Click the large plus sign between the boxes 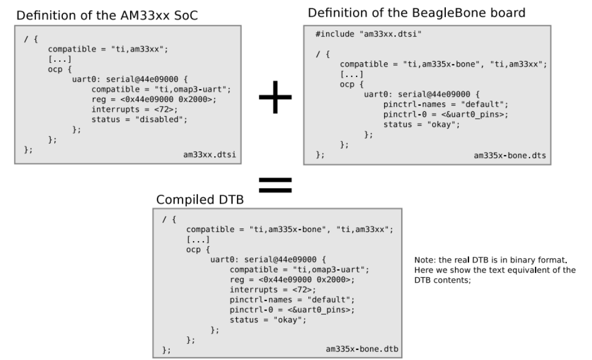[x=276, y=98]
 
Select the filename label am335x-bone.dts [x=510, y=156]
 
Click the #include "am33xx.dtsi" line [x=357, y=34]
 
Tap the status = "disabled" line [x=139, y=119]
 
